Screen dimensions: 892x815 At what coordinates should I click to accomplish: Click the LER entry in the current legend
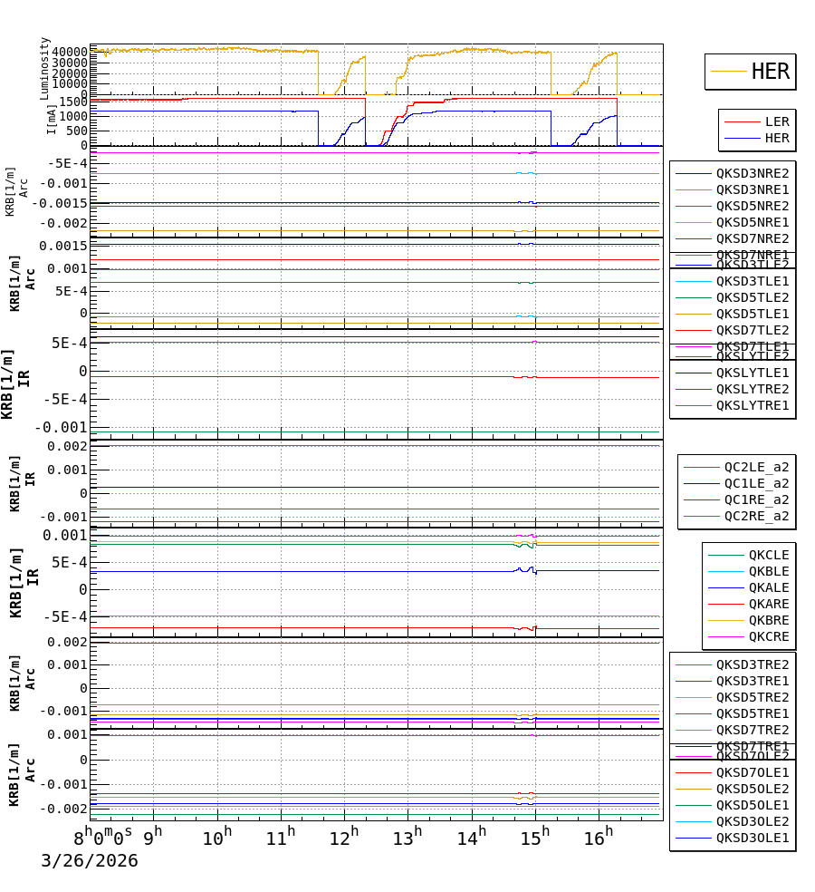pos(776,121)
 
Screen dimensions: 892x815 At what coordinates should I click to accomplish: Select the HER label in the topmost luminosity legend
pos(770,72)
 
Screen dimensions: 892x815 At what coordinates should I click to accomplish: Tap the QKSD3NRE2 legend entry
pos(752,173)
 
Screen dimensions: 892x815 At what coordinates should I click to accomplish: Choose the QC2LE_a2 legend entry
pos(755,467)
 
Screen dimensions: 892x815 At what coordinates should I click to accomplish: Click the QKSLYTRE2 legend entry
pos(752,389)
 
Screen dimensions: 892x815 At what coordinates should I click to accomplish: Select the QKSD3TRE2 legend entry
pos(752,664)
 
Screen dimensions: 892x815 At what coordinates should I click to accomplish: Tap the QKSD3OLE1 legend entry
pos(752,838)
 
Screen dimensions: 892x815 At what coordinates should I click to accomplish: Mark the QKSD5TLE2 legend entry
pos(752,297)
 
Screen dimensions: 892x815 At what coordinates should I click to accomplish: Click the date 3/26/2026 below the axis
pos(90,861)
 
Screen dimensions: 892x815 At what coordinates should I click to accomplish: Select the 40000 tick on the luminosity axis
pos(69,52)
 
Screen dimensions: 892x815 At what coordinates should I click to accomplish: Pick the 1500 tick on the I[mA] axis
pos(73,102)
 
